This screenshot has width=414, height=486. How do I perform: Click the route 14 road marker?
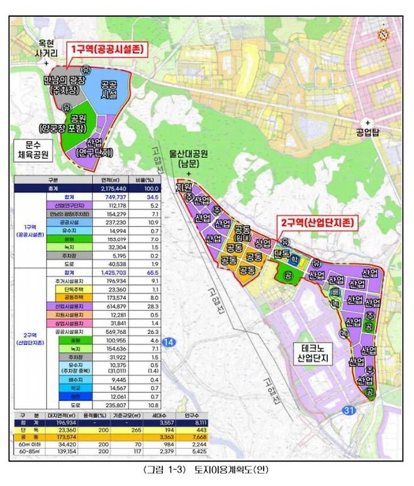click(168, 342)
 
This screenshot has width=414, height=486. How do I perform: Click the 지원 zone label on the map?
click(185, 188)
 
